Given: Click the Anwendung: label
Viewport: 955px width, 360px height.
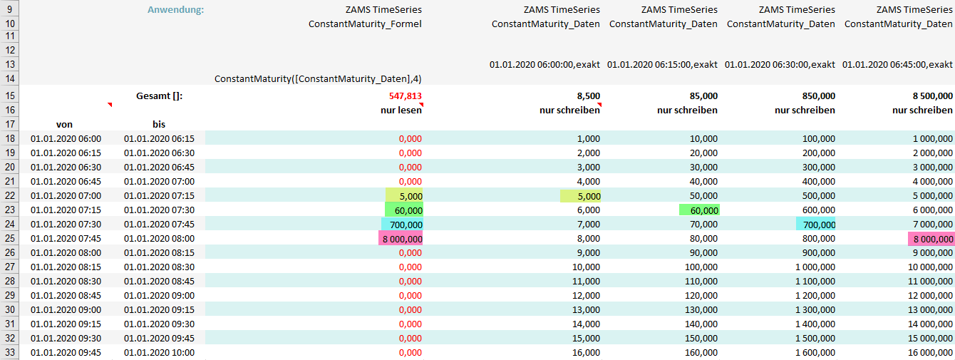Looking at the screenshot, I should [175, 10].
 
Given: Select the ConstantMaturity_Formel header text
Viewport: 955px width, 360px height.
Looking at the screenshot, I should [365, 24].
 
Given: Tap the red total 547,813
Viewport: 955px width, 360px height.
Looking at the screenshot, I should [406, 96].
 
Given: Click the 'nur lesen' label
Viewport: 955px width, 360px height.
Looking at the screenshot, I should [400, 110].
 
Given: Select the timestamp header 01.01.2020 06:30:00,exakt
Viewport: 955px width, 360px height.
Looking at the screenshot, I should [780, 65].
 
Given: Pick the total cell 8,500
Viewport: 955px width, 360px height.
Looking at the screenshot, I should [587, 96].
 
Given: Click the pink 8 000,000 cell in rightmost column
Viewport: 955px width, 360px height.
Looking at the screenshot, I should [931, 239].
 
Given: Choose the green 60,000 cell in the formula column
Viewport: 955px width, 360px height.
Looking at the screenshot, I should [404, 210].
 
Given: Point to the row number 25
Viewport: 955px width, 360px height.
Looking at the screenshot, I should [11, 239].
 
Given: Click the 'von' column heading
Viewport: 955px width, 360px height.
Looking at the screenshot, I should [64, 125].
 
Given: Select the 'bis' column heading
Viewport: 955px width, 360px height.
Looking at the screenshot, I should [158, 125].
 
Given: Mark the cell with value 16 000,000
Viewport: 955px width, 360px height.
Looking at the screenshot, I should [926, 352].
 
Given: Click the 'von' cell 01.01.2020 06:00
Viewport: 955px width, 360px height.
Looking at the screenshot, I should [66, 138].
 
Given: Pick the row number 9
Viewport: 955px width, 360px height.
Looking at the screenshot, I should [11, 10].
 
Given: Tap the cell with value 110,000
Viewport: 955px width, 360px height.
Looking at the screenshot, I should [700, 281].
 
